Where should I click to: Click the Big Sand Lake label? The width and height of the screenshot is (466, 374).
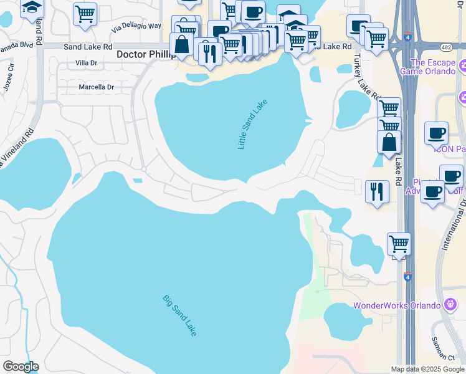(180, 316)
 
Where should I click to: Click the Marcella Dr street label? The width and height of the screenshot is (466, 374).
(96, 87)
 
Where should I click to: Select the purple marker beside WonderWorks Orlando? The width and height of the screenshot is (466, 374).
(451, 305)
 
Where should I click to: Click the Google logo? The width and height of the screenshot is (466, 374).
(21, 367)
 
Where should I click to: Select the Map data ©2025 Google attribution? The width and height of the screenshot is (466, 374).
(427, 369)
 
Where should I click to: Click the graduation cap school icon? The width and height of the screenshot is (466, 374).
(31, 7)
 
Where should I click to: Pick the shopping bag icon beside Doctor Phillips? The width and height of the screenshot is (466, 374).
(181, 45)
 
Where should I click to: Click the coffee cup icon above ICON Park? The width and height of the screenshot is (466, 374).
(436, 132)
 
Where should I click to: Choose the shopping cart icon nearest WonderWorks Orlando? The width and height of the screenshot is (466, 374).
(399, 243)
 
